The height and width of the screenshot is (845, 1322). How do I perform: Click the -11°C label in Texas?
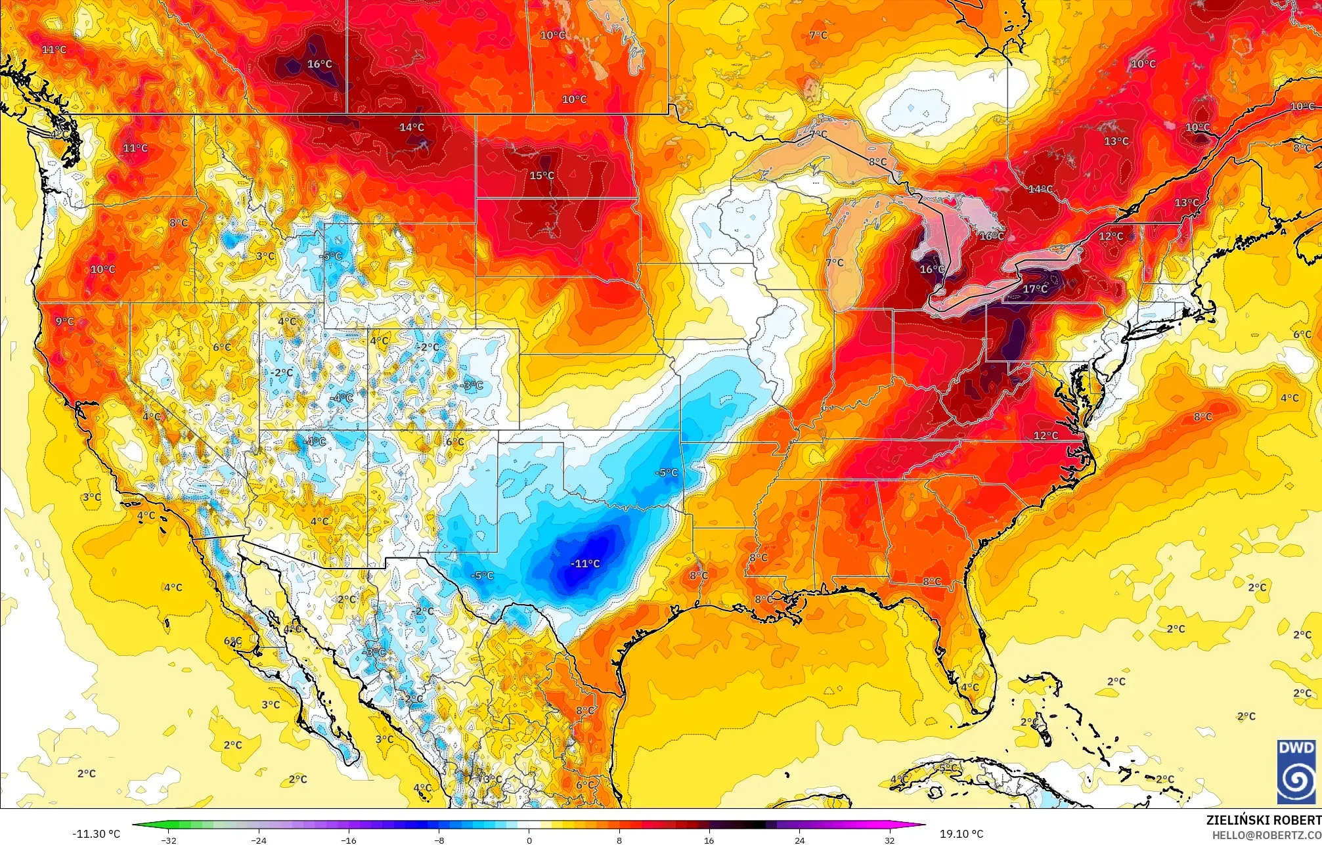click(x=584, y=563)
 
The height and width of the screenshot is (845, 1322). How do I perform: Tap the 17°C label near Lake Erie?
click(x=1035, y=289)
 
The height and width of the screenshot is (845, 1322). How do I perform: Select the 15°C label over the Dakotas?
click(x=542, y=175)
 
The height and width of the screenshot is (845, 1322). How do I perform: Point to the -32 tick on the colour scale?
click(x=169, y=840)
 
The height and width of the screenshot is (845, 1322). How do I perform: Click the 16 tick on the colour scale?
click(x=709, y=840)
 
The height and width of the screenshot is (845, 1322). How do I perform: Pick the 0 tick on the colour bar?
click(x=529, y=840)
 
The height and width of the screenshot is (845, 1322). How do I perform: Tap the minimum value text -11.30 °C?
click(x=96, y=834)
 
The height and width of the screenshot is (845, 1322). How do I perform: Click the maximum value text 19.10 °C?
click(x=961, y=834)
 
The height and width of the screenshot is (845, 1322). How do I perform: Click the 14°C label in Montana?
click(x=412, y=127)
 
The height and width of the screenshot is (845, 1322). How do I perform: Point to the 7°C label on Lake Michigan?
click(x=835, y=263)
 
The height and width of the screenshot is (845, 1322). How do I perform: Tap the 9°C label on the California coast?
click(x=64, y=321)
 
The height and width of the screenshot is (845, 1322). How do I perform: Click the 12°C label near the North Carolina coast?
click(x=1046, y=435)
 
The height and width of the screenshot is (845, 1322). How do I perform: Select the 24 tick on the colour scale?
click(x=799, y=840)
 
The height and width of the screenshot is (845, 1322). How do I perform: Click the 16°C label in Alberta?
click(x=319, y=64)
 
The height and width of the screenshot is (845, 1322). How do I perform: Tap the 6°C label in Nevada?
click(x=221, y=347)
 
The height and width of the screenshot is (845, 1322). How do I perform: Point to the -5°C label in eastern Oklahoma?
click(x=666, y=472)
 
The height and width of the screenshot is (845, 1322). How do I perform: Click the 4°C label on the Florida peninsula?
click(x=969, y=687)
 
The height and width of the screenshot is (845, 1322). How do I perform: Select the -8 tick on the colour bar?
click(x=439, y=840)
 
